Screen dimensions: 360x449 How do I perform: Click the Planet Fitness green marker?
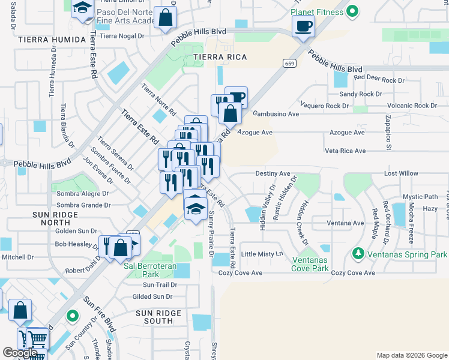click(353, 11)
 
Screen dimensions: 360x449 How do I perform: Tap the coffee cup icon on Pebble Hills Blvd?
click(304, 26)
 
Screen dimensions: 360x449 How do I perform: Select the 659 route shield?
click(290, 63)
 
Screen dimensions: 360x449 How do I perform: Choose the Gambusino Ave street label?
click(276, 113)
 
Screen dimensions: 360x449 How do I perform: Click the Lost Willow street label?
click(401, 173)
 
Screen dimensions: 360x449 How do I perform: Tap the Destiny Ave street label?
click(273, 173)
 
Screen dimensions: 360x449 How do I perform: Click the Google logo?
click(20, 353)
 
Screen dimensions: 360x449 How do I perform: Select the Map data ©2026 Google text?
click(411, 355)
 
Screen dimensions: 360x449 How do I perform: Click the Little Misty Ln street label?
click(262, 254)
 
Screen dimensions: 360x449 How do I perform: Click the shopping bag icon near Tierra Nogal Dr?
click(165, 18)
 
